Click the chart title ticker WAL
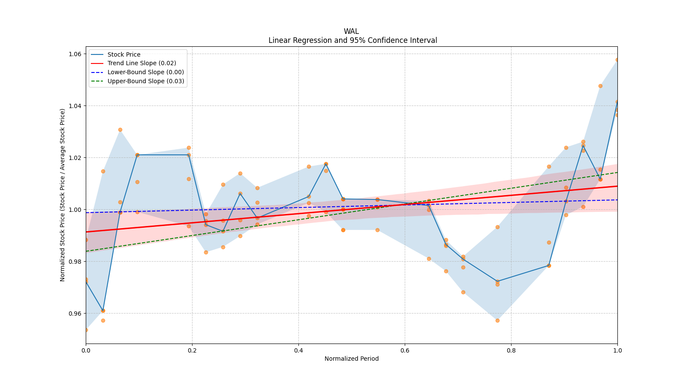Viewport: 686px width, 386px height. tap(351, 31)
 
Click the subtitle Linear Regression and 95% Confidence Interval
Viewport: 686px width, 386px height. tap(352, 40)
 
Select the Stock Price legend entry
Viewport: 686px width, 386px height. tap(124, 54)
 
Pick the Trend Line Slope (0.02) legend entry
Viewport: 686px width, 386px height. tap(141, 63)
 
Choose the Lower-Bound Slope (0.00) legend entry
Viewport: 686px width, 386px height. tap(145, 72)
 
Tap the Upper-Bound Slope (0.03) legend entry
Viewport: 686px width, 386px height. tap(146, 81)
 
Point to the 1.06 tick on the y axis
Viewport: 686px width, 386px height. tap(75, 54)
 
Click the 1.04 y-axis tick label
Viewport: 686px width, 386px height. tap(75, 106)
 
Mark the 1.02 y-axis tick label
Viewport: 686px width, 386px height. tap(75, 158)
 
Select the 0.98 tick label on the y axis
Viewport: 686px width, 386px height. tap(75, 262)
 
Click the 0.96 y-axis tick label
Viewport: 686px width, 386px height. tap(75, 314)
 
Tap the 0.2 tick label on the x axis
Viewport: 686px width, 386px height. tap(192, 350)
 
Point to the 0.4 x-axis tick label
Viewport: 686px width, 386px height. tap(298, 350)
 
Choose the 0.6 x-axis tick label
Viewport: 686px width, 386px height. tap(405, 350)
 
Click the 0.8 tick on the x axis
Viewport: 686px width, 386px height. tap(511, 350)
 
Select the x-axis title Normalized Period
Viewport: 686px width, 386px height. tap(352, 359)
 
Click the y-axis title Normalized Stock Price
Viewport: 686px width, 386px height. tap(63, 195)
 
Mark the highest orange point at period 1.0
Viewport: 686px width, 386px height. tap(617, 60)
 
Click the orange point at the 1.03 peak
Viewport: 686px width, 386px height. tap(120, 130)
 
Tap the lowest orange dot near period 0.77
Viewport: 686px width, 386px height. tap(497, 320)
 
